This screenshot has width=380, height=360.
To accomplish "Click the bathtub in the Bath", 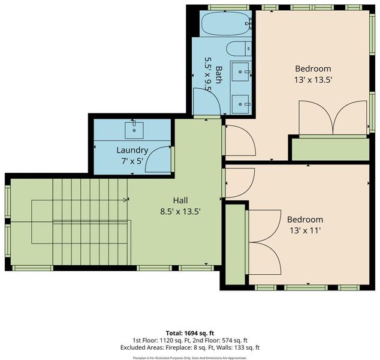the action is pos(225,24).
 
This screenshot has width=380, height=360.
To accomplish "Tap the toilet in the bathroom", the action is pos(239,48).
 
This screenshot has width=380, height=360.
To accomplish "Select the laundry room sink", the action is pos(134,130).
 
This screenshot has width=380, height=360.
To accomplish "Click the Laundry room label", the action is pos(132,150).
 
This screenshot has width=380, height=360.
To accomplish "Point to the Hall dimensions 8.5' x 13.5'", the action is pos(180,212).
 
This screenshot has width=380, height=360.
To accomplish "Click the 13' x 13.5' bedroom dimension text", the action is pos(313,80).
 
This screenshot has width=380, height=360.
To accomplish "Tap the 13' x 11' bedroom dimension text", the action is pos(305,230).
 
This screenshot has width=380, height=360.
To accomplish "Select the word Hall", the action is pos(180,200).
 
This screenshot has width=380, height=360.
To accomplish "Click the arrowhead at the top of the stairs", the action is pos(125,200).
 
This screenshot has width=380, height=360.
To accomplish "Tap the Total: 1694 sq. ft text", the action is pos(190,333).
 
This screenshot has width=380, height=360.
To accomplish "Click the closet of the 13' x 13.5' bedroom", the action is pos(330,149).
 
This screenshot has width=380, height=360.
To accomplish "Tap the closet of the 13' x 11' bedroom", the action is pos(235,244).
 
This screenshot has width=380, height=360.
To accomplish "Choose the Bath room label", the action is pos(219,75).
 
